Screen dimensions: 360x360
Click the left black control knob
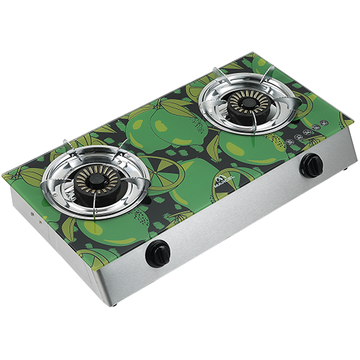tap(158, 253)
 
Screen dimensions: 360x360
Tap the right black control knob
tap(312, 165)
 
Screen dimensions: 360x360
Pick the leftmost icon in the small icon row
tap(289, 143)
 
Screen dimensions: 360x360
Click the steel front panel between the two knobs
tap(238, 212)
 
